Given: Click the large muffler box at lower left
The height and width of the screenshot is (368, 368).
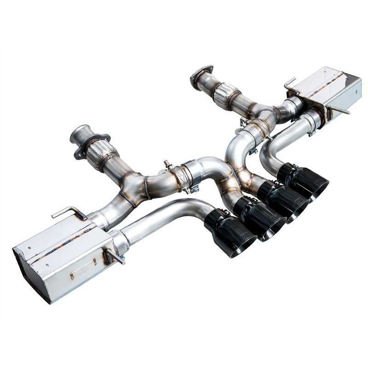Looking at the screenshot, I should [60, 258].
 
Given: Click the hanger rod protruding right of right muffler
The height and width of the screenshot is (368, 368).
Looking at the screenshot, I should [341, 110].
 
